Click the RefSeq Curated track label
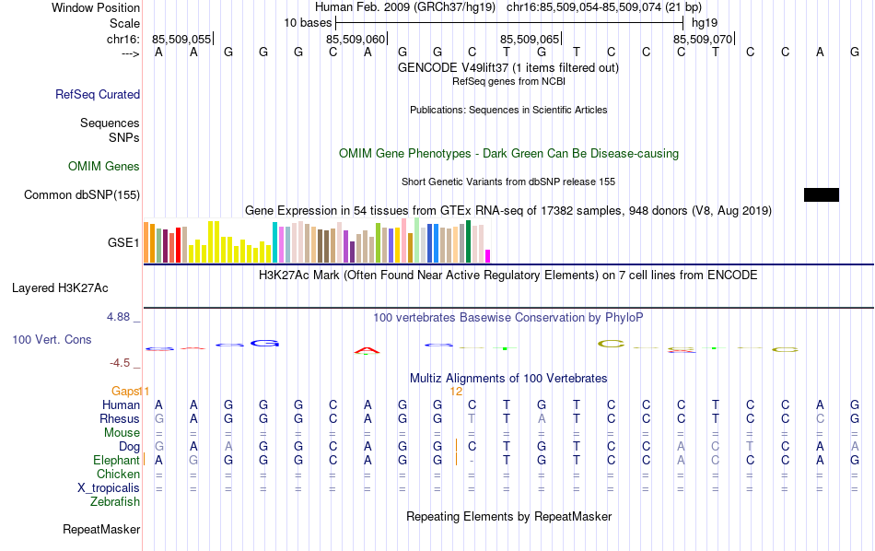point(98,94)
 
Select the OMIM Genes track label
point(104,167)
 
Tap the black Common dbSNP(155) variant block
point(821,194)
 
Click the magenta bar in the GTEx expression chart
point(488,255)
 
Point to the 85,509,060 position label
point(356,39)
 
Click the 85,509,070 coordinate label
point(703,39)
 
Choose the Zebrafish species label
point(115,502)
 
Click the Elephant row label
point(116,460)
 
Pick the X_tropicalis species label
point(109,487)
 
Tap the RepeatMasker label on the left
point(101,530)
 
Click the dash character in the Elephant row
point(472,460)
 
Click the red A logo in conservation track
point(367,350)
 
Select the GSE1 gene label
point(123,243)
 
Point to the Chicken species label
point(118,474)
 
